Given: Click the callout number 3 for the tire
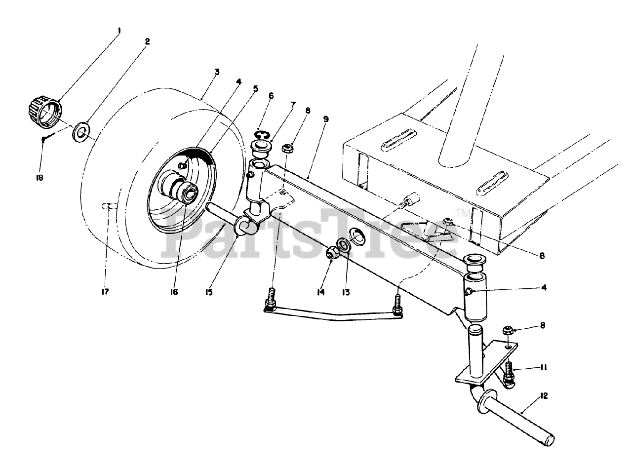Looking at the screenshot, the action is point(217,72).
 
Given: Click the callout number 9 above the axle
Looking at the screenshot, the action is point(325,119).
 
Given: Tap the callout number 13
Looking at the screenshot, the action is point(345,292).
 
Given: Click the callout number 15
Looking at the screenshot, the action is point(209,292).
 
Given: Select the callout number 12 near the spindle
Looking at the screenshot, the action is point(544,395).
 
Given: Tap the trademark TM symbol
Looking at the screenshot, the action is point(463,213).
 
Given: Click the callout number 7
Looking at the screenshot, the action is point(293,105).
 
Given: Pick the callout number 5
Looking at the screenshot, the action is point(255,89).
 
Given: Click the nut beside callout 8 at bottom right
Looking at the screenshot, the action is point(508,330).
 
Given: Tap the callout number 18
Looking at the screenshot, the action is point(39,177).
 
